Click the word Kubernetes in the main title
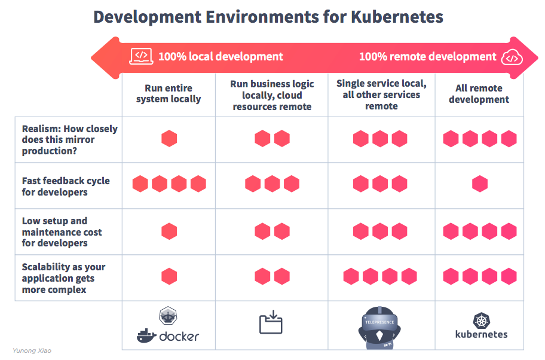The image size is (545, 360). (396, 16)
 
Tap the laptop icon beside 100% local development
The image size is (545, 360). (141, 56)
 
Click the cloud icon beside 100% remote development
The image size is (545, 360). (512, 57)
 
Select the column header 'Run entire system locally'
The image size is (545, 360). (169, 93)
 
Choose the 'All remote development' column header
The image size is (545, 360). (479, 94)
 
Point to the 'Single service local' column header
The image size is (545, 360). (381, 94)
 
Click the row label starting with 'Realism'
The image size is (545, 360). (69, 139)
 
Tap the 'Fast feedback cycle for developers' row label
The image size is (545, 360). (66, 186)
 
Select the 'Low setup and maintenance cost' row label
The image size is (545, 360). (62, 231)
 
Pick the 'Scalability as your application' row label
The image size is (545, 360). (63, 278)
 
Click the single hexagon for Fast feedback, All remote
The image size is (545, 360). (479, 184)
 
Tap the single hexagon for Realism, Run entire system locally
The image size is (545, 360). (169, 139)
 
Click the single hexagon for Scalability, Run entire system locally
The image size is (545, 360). (169, 276)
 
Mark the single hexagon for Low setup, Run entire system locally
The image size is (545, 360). (169, 230)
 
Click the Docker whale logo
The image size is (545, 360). (146, 335)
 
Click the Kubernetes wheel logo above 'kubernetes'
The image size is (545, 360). (481, 321)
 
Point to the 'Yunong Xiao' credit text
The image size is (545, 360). (32, 350)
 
